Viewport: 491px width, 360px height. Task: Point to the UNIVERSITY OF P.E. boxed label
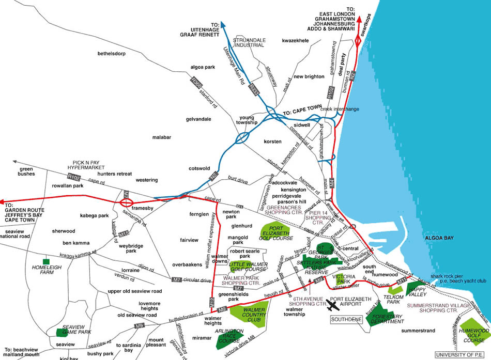461,354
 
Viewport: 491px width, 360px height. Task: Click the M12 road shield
211,301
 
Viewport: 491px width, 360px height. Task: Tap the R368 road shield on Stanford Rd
196,82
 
